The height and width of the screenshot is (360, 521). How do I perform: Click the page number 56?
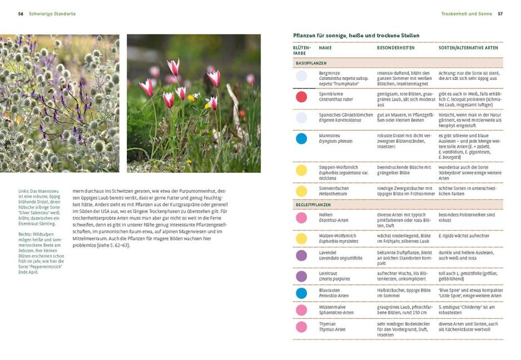click(21, 13)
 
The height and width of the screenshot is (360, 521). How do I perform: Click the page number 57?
click(500, 13)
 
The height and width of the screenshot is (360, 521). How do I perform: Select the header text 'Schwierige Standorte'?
click(52, 13)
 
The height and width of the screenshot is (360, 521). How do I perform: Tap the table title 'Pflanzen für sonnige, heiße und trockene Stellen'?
click(356, 36)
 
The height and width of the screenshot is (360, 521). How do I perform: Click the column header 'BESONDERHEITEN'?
click(396, 48)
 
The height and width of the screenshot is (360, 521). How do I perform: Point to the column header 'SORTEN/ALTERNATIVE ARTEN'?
click(468, 48)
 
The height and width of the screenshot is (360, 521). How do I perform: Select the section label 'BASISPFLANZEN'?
click(311, 63)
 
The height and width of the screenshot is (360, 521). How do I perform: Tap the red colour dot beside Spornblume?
click(301, 97)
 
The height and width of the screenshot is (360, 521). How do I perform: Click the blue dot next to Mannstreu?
click(301, 139)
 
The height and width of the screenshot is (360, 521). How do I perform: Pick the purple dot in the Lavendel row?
click(301, 256)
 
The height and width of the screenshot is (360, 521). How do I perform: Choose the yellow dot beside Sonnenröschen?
click(301, 191)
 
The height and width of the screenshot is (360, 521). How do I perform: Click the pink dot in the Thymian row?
click(301, 327)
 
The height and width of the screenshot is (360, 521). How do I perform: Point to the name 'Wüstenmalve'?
click(332, 307)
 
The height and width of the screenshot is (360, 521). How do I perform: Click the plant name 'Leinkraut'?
click(329, 273)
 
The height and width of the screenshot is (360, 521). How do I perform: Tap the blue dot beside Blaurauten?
click(301, 293)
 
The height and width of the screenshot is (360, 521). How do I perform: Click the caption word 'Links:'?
click(24, 192)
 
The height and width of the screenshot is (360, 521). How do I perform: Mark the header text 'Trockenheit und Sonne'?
click(467, 13)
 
